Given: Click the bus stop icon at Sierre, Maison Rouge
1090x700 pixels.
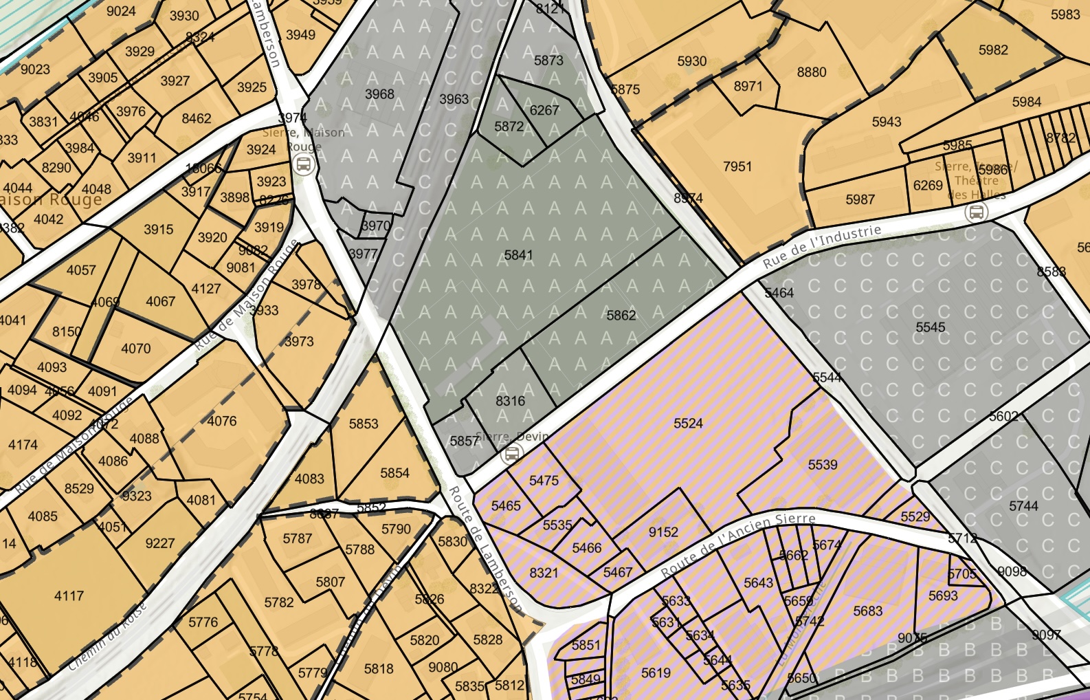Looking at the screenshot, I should click(x=303, y=165).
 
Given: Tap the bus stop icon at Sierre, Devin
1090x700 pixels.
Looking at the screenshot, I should click(x=511, y=455).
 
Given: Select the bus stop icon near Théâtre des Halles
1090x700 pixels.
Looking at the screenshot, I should click(x=976, y=212).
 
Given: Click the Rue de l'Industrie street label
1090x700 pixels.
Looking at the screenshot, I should click(x=822, y=246).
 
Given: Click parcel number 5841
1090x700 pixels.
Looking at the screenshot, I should click(x=518, y=255).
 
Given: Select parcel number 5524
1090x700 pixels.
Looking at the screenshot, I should click(x=688, y=424).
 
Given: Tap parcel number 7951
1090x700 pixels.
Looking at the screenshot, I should click(x=737, y=166).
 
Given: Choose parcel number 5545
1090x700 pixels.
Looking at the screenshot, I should click(x=930, y=327).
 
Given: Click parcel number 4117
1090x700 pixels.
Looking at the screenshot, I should click(x=69, y=596).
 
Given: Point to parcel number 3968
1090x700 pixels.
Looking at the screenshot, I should click(x=379, y=94).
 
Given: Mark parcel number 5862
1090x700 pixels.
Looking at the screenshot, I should click(x=621, y=316).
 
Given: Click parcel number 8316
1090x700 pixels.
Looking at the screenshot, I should click(x=510, y=401).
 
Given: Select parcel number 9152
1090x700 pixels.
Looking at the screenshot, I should click(x=663, y=532).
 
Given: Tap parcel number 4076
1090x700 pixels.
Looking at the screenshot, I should click(x=221, y=421).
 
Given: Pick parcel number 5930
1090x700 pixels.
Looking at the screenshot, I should click(x=691, y=61).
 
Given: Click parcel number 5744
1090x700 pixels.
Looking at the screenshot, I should click(x=1023, y=506).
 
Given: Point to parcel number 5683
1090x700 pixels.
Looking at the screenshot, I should click(x=867, y=611).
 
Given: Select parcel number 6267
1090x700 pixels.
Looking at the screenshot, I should click(x=544, y=110).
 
